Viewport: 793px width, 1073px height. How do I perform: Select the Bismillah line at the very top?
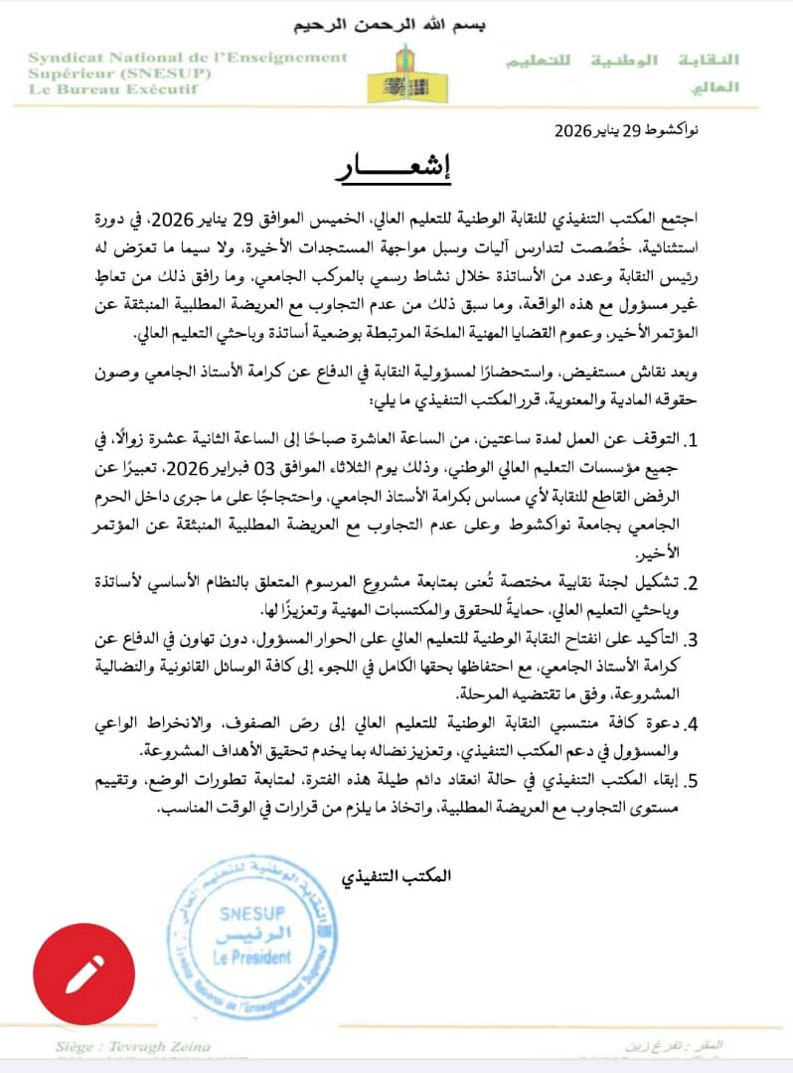pos(396,24)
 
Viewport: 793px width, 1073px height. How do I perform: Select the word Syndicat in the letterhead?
pos(64,58)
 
